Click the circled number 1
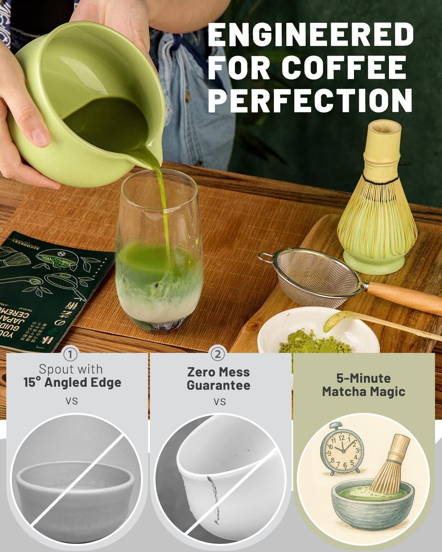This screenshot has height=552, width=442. tap(70, 355)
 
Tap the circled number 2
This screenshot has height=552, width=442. tap(218, 355)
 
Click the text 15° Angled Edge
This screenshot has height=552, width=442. tap(72, 382)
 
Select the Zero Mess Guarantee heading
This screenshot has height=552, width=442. tap(218, 379)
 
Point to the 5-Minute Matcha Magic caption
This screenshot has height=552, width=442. tap(364, 385)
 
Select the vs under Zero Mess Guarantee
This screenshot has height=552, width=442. tap(220, 401)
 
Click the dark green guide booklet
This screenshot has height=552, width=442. tap(48, 287)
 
